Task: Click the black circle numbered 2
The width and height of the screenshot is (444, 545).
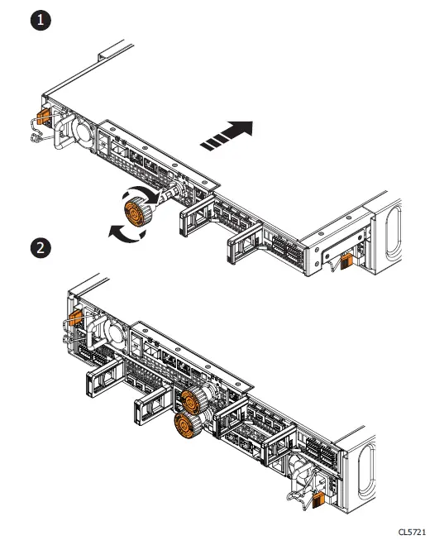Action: click(39, 246)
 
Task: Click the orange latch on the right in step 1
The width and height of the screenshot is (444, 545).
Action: click(348, 262)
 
